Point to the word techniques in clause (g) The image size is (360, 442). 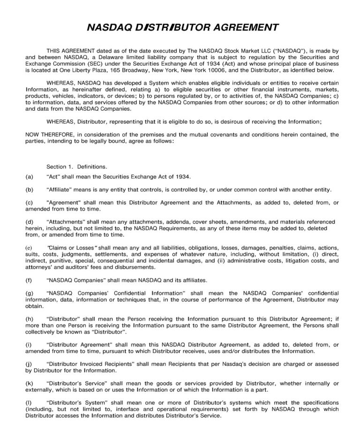(126, 299)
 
